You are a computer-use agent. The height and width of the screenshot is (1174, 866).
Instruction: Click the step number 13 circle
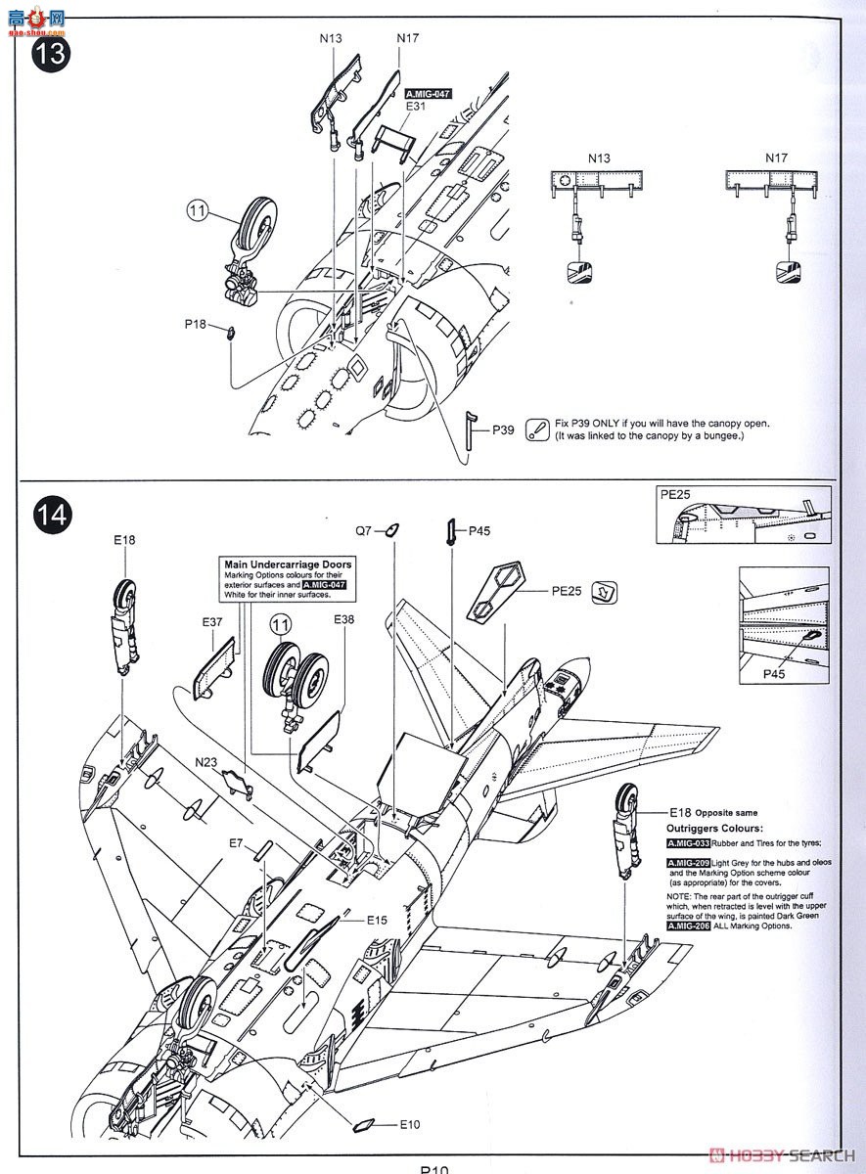tap(52, 53)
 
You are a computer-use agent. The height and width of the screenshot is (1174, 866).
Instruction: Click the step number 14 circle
tap(52, 516)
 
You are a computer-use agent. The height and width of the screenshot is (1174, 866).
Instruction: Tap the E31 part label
tap(415, 108)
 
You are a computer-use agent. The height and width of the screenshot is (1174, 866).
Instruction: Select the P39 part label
tap(503, 429)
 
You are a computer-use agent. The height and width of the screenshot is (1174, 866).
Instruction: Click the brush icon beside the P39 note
tap(537, 429)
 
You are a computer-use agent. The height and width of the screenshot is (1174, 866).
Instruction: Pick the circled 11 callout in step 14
tap(281, 624)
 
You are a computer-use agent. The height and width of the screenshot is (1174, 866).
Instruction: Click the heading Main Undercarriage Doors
tap(288, 564)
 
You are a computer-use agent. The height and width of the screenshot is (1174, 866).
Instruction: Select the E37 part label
tap(212, 621)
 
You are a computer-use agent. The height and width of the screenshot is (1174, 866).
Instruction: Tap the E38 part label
tap(344, 619)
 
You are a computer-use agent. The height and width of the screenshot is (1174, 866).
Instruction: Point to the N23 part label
tap(206, 762)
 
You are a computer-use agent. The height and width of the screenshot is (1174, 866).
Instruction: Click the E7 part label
tap(236, 842)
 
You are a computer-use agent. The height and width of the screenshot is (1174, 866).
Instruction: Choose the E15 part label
tap(378, 921)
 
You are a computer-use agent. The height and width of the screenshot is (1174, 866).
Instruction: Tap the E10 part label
tap(408, 1125)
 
